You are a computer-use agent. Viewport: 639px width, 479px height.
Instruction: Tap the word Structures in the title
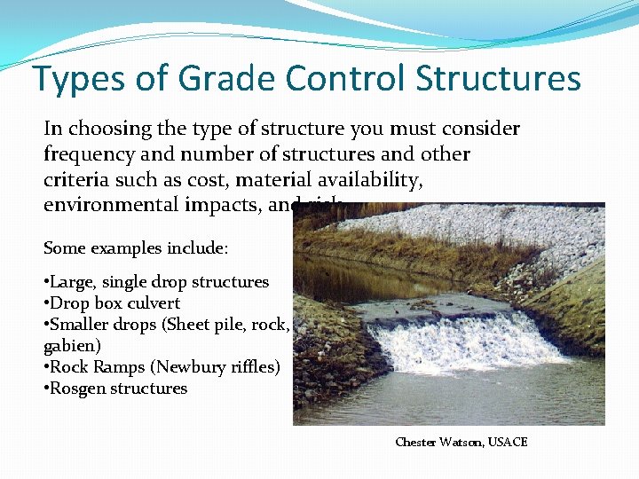click(499, 78)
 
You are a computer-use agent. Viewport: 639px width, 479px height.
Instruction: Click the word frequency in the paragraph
click(88, 154)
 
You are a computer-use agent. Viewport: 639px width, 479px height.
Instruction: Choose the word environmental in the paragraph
click(103, 206)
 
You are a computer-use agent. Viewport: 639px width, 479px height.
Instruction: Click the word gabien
click(70, 346)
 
